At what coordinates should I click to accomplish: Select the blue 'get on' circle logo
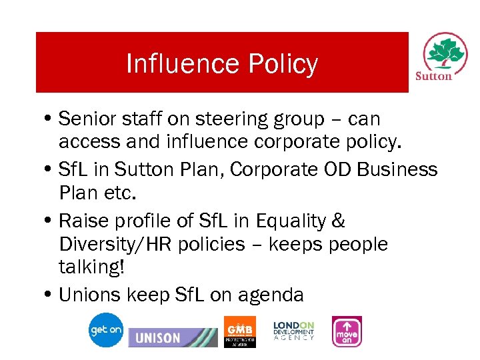coord(107,330)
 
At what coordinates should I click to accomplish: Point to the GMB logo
coord(239,331)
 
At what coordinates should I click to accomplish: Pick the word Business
coord(397,169)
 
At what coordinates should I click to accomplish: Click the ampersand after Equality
coord(339,220)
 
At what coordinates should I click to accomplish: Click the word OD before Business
coord(338,169)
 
